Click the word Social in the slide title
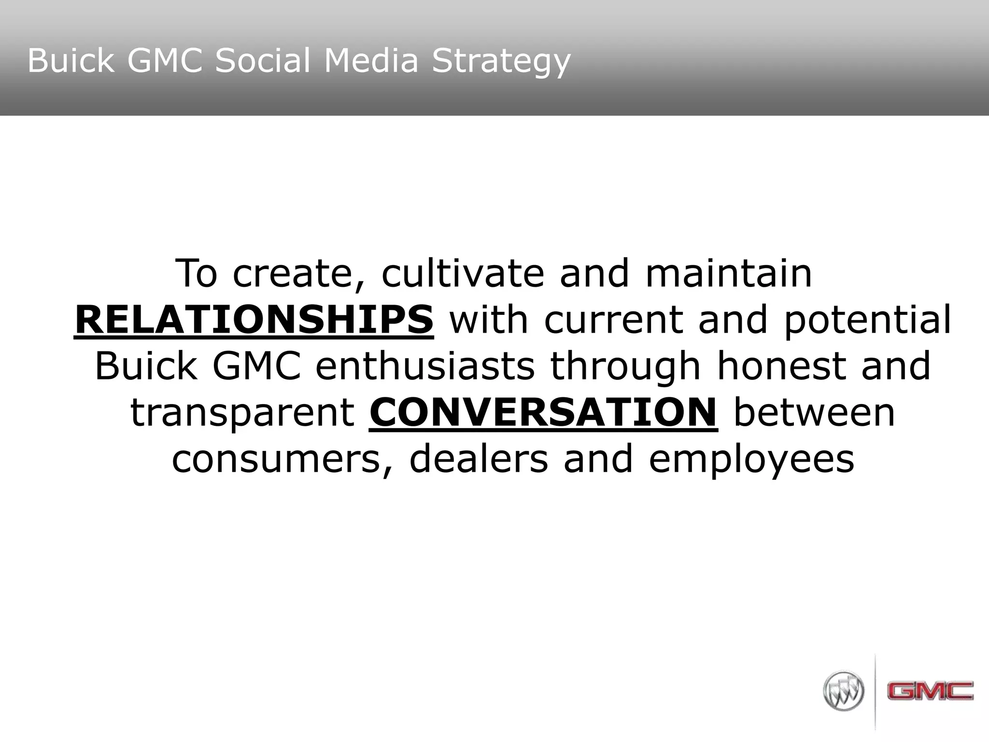(264, 61)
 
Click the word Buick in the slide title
(71, 61)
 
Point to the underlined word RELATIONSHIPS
(254, 320)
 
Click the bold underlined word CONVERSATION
(543, 413)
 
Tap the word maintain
(729, 273)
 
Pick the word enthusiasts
(425, 366)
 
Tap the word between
(814, 413)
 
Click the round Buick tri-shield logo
(843, 690)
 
